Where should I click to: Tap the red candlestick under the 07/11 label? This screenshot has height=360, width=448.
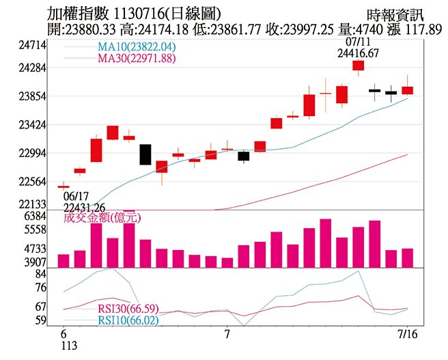358,66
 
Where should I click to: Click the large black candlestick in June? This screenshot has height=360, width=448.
145,154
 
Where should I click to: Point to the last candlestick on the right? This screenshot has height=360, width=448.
408,89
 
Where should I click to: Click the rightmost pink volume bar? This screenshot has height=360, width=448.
408,258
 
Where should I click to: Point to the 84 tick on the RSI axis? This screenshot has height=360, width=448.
40,274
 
